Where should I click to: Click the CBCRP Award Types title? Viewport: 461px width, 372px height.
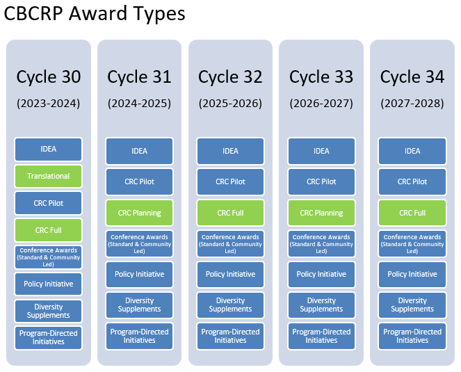click(95, 15)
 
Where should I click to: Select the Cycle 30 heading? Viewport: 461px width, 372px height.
click(49, 76)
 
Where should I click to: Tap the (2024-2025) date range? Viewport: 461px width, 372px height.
click(139, 104)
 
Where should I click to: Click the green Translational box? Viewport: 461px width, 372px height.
click(49, 176)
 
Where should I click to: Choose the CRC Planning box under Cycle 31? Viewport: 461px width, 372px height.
click(139, 213)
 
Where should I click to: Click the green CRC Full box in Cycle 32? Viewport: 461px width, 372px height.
click(230, 213)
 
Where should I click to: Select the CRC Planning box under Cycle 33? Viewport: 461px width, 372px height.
click(321, 213)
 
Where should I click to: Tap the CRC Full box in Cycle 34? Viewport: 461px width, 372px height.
click(412, 213)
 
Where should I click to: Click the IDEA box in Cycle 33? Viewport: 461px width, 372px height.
click(321, 151)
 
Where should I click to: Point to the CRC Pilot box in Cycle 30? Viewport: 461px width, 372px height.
click(49, 203)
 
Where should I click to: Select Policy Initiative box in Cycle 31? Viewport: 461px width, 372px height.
click(139, 274)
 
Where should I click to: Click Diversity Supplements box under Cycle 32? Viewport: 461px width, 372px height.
click(230, 305)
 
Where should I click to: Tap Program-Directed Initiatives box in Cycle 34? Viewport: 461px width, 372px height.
click(412, 336)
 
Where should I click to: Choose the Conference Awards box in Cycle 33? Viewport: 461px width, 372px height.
click(321, 243)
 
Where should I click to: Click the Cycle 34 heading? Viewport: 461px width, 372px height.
click(412, 76)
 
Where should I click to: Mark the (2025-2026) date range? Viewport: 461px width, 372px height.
click(230, 104)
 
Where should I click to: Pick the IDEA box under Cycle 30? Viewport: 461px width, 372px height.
click(49, 149)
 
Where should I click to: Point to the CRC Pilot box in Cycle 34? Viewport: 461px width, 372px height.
click(412, 181)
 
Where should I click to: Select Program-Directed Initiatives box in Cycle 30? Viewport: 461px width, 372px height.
click(49, 337)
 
